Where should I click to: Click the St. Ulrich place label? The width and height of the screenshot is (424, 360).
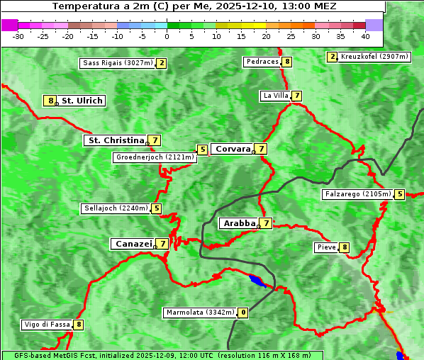tap(82, 101)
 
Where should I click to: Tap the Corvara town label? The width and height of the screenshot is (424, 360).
tap(233, 149)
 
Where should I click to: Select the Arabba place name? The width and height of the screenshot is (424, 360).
tap(239, 223)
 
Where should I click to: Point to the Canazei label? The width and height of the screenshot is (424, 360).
tap(133, 244)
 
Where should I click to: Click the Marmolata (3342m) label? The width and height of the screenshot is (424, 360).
tap(199, 313)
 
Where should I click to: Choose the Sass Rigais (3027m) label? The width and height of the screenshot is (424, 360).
tap(117, 63)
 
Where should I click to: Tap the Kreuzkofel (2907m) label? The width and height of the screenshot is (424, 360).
tap(374, 57)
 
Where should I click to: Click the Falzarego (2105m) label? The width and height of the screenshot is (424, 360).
tap(357, 194)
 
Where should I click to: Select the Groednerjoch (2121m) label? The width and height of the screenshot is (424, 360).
tap(154, 157)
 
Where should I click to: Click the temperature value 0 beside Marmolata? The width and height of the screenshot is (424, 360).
tap(243, 313)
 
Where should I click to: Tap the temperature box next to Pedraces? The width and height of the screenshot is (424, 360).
tap(286, 62)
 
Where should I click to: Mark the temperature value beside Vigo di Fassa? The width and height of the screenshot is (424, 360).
tap(79, 325)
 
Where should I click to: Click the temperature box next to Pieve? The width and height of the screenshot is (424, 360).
tap(344, 247)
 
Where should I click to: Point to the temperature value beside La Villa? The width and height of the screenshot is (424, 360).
tap(296, 96)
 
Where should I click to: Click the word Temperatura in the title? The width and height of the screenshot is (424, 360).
tap(82, 6)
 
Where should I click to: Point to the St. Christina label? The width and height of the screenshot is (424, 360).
tap(114, 140)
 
